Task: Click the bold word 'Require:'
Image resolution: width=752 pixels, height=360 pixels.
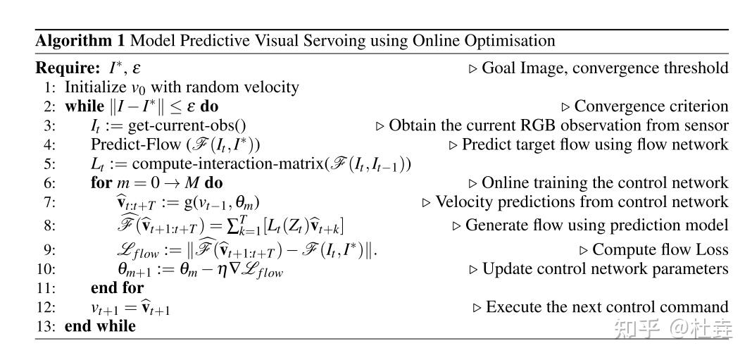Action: click(65, 68)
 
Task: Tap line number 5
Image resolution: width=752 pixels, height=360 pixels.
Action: click(49, 164)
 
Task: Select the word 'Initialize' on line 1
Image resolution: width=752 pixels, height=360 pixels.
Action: click(94, 87)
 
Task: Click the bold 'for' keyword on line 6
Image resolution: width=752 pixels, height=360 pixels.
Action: click(101, 183)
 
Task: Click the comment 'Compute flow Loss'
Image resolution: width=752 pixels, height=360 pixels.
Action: click(660, 249)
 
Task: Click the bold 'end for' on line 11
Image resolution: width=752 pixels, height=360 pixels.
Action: click(117, 287)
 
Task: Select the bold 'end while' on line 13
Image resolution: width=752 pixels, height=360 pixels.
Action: click(100, 325)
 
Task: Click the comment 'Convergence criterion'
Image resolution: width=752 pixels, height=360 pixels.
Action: click(651, 106)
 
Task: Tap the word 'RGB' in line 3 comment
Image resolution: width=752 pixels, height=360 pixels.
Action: click(538, 126)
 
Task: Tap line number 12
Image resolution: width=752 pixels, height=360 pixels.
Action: click(46, 307)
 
